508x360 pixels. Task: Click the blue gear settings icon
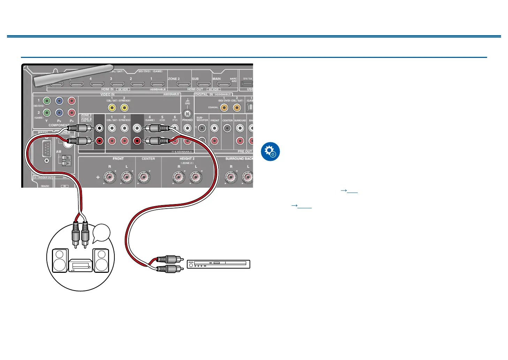(270, 152)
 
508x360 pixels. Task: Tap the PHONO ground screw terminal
(188, 113)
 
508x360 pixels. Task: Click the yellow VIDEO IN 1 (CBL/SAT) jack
(112, 107)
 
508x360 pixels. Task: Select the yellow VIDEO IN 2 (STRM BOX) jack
(124, 107)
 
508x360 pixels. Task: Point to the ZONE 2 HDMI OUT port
(183, 84)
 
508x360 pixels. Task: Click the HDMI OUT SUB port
(204, 84)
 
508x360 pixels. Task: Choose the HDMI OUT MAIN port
(224, 84)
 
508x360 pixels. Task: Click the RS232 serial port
(46, 150)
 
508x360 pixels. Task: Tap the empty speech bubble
(102, 233)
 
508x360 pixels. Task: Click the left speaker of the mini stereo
(60, 260)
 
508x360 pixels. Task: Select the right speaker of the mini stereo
(101, 260)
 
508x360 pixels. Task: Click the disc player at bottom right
(219, 264)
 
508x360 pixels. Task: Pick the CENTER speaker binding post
(144, 178)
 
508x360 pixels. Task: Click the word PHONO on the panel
(187, 120)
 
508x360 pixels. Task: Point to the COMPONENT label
(59, 125)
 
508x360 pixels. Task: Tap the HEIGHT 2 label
(187, 159)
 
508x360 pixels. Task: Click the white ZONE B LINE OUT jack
(100, 128)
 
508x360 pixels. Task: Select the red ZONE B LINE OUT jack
(100, 141)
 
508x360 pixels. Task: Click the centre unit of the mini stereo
(81, 265)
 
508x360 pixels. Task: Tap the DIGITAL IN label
(204, 95)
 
